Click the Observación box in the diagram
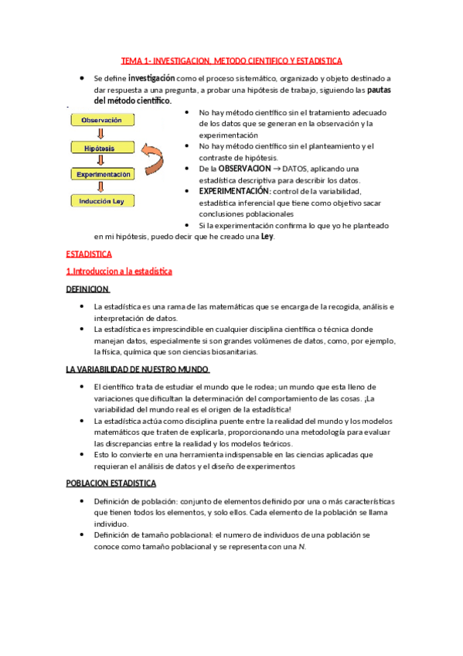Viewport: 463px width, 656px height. pyautogui.click(x=101, y=121)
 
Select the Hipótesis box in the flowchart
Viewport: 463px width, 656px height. pyautogui.click(x=101, y=147)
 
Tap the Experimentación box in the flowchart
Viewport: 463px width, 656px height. pyautogui.click(x=104, y=175)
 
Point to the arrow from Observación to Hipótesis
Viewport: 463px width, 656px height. pyautogui.click(x=101, y=134)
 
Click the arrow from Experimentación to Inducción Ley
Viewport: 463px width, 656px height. pyautogui.click(x=101, y=188)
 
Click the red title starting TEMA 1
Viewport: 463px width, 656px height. pyautogui.click(x=232, y=60)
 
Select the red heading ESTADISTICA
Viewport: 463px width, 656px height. pyautogui.click(x=89, y=254)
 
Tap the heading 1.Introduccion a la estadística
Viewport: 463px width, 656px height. pyautogui.click(x=119, y=272)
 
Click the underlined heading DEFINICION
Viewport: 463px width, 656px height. pyautogui.click(x=87, y=289)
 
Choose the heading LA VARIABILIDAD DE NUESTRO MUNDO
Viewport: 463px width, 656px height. pyautogui.click(x=138, y=369)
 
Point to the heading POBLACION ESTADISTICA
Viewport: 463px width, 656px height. pyautogui.click(x=111, y=483)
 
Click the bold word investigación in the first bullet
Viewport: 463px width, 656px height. pyautogui.click(x=151, y=78)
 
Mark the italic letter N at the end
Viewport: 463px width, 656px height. pyautogui.click(x=302, y=547)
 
